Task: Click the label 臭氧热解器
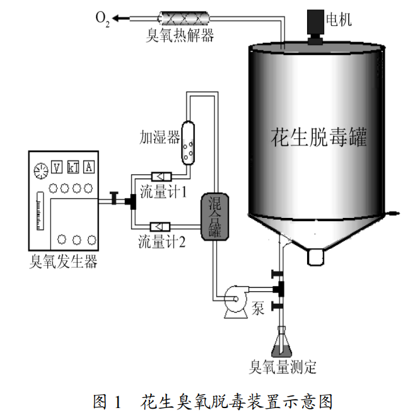180,35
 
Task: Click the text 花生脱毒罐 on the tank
318,138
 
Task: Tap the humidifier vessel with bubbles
188,142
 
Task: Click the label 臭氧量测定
283,366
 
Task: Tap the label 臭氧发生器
64,261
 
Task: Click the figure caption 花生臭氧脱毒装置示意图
236,401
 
